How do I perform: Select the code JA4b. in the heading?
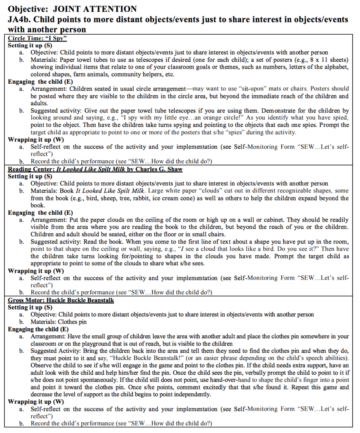click(x=20, y=19)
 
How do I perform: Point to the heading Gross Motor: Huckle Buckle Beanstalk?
click(x=61, y=301)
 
